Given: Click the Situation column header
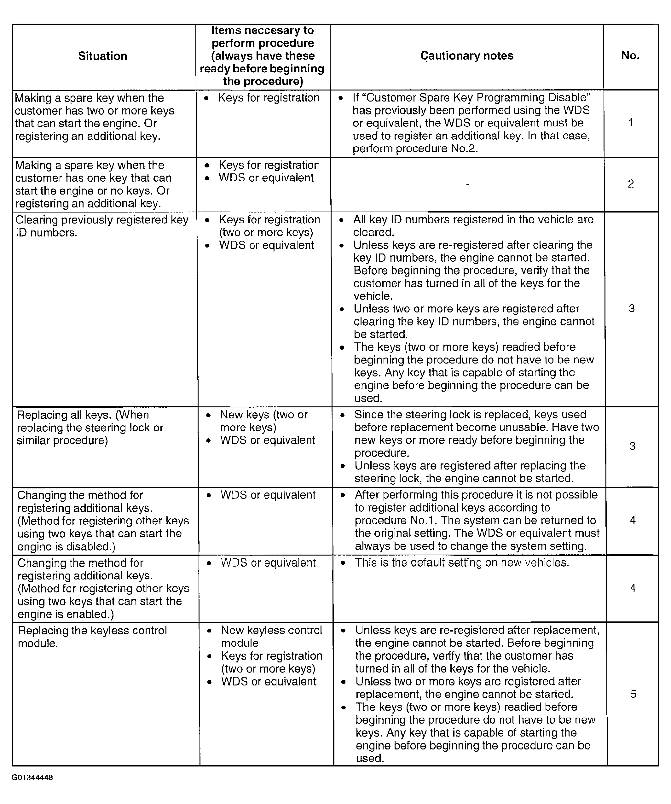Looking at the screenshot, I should tap(102, 56).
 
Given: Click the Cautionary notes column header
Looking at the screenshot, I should tap(466, 55).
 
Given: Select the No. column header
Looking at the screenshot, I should tap(630, 55).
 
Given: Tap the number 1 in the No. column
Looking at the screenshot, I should tap(630, 123).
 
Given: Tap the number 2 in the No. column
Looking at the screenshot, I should tap(631, 184).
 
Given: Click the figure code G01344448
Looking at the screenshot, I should tap(32, 778).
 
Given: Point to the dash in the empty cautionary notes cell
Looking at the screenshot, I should tap(467, 185).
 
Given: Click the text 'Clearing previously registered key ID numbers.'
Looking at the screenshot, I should tap(102, 226).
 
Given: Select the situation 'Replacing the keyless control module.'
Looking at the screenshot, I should tap(92, 637).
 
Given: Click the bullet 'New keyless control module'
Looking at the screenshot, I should tap(271, 637).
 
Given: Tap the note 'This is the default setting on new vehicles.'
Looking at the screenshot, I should tap(462, 562).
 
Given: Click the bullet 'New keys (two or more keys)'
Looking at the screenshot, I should tap(263, 421).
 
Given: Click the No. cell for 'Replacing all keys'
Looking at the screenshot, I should tap(632, 446).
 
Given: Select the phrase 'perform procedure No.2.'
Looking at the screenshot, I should tap(415, 149).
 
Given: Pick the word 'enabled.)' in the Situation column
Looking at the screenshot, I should tap(90, 614).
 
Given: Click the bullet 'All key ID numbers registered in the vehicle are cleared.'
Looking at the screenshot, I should tap(473, 226).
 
